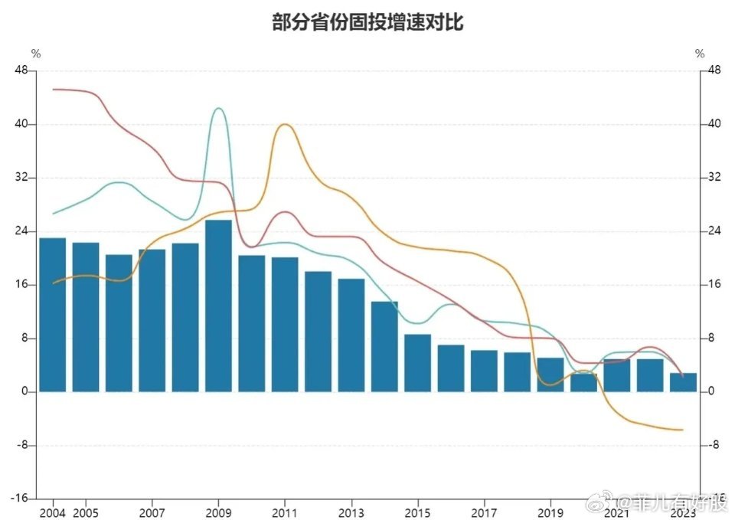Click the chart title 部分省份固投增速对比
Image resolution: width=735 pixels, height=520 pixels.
tap(367, 23)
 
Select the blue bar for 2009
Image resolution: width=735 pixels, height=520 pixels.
tap(218, 306)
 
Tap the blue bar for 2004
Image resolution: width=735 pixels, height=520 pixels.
tap(52, 315)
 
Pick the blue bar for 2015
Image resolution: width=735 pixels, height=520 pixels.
tap(417, 363)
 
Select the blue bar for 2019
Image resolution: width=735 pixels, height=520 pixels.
tap(550, 374)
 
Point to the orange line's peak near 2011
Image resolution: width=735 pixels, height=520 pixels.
tap(285, 124)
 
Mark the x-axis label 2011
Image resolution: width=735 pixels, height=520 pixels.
tap(285, 512)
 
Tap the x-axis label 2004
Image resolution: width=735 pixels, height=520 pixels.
tap(52, 512)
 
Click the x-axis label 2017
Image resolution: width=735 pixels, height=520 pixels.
tap(484, 512)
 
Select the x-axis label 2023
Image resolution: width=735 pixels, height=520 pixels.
tap(683, 512)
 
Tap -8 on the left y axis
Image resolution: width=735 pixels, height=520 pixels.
tap(22, 445)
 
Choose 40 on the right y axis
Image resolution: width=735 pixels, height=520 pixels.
tap(714, 124)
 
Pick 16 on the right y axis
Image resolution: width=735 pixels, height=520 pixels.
tap(714, 285)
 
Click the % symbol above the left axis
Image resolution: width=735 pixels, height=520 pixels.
tap(35, 54)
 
